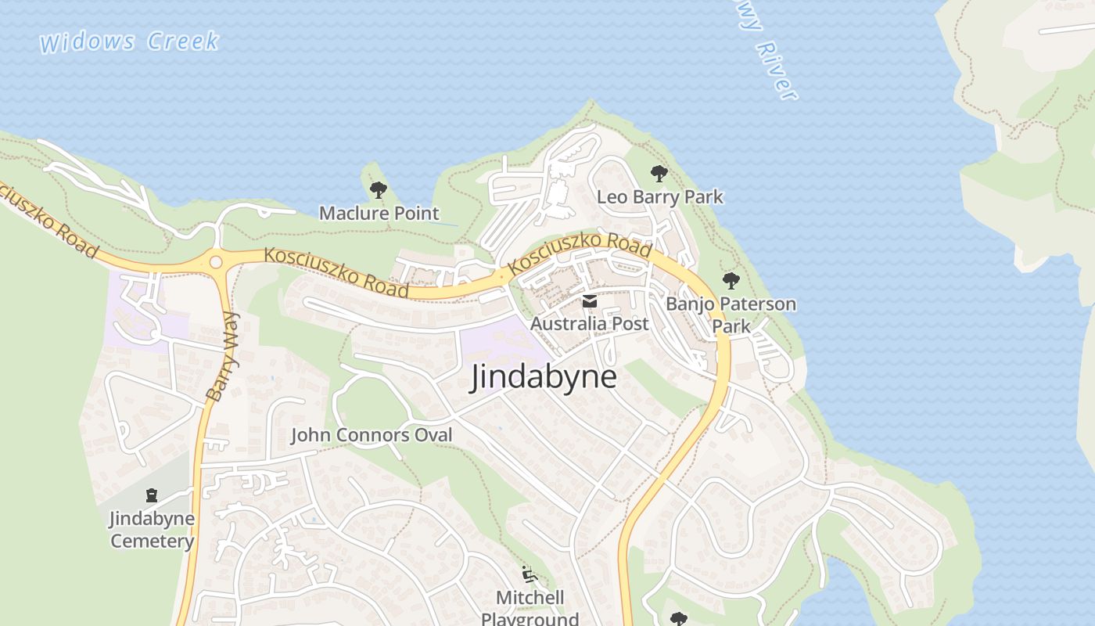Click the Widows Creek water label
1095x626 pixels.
[129, 41]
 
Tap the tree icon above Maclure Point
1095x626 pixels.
[379, 189]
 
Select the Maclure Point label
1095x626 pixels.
[379, 213]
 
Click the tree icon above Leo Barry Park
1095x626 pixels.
[659, 173]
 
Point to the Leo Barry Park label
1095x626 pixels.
[659, 196]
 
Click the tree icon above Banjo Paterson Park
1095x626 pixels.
[731, 280]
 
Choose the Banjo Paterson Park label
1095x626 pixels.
[731, 315]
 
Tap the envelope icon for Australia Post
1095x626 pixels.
[589, 301]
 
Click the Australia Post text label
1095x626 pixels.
[589, 323]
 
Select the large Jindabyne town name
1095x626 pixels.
[543, 378]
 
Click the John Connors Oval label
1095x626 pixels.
[372, 435]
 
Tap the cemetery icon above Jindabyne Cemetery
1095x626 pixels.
[152, 495]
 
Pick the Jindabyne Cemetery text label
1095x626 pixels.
[152, 530]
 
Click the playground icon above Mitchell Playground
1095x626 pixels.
[530, 575]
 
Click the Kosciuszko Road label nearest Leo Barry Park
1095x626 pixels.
[580, 254]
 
